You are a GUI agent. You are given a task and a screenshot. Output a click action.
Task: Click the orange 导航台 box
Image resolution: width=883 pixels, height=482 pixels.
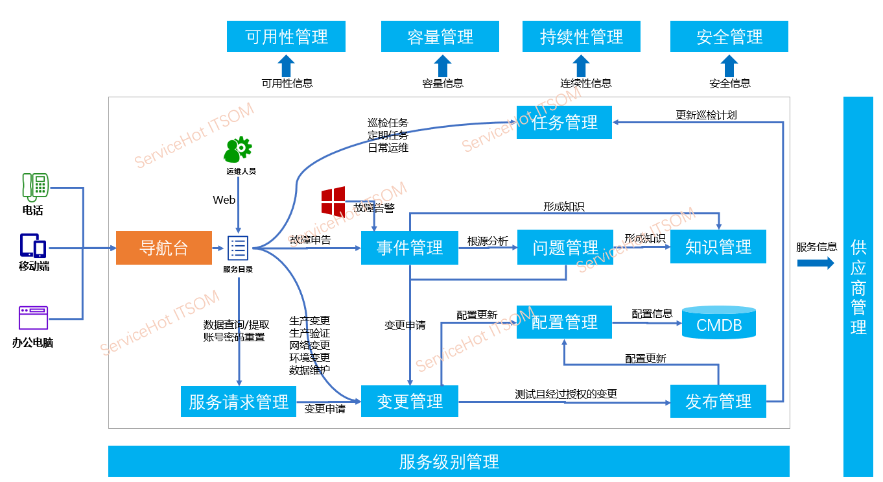pos(164,248)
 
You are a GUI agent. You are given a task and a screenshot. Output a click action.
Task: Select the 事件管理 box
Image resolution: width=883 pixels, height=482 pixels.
pos(410,248)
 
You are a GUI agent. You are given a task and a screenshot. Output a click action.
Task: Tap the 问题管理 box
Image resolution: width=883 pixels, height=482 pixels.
pos(565,247)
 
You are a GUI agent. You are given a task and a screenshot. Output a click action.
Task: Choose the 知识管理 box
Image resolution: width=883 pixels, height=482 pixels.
pos(718,247)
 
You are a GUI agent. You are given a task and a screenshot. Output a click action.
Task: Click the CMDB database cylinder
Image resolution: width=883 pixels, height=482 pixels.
pos(719,323)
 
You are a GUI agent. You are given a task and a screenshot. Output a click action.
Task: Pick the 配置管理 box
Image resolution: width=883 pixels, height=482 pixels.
pos(564,322)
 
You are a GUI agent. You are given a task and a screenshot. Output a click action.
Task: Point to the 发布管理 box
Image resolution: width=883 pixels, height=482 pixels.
pos(718,402)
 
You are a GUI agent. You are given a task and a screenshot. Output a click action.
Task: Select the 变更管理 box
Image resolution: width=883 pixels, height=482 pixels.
pos(410,402)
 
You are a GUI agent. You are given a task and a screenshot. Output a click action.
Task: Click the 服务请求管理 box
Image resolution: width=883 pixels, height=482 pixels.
pos(239,402)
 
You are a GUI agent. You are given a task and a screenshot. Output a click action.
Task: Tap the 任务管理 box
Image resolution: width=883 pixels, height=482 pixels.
pos(564,122)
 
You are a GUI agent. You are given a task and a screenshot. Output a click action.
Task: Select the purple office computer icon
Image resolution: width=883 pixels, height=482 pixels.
pos(33,319)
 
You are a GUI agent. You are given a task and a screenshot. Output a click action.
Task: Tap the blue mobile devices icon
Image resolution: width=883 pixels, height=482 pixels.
pos(33,246)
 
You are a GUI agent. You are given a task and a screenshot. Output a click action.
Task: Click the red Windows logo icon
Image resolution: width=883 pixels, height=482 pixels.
pos(333,201)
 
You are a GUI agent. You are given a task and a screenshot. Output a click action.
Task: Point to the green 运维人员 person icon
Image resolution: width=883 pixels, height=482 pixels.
pos(237,150)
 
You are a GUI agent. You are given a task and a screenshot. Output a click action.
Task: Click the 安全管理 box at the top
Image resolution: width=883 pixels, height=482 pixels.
pos(729,36)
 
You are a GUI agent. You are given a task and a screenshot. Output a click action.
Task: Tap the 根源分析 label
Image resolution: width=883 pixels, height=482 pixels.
pos(488,241)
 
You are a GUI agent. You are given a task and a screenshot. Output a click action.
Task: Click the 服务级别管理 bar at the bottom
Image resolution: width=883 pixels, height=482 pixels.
pos(449,462)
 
